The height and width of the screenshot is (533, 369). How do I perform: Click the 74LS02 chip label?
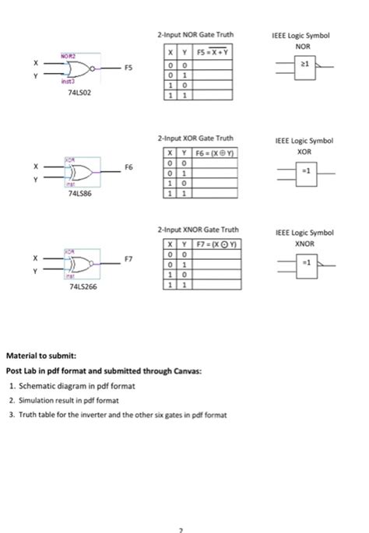pyautogui.click(x=70, y=92)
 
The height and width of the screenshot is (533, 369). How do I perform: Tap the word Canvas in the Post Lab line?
pyautogui.click(x=188, y=371)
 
